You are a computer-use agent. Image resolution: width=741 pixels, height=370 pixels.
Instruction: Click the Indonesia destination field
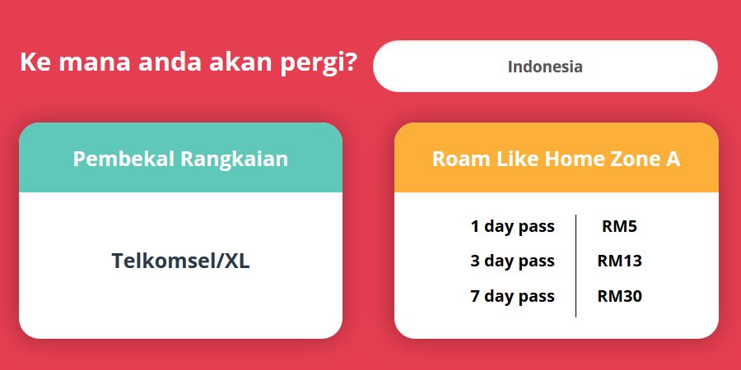(x=545, y=66)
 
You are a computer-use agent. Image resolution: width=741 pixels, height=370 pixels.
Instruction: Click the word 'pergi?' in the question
(x=319, y=64)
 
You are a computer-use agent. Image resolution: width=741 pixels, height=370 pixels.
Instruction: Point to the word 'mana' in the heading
(x=95, y=63)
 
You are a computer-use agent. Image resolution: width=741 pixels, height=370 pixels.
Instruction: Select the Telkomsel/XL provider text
(x=180, y=261)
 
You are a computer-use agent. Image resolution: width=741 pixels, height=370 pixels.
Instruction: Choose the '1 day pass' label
(x=513, y=227)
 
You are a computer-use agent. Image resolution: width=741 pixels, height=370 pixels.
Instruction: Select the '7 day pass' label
(x=513, y=297)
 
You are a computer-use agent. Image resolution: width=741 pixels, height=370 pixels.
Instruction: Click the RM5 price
(x=619, y=227)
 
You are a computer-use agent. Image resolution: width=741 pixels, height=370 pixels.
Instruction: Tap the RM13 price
(x=619, y=261)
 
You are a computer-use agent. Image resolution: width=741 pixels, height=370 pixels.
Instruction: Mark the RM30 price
(x=619, y=296)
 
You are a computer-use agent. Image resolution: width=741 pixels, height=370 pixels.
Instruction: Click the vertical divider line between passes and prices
(x=576, y=266)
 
